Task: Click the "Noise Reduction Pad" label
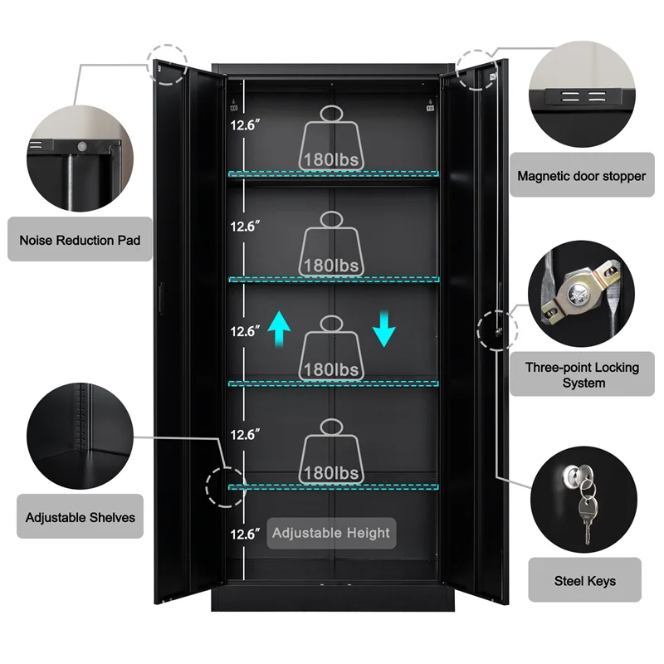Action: [80, 240]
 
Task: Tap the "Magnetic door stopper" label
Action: [581, 176]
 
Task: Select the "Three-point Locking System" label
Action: [583, 374]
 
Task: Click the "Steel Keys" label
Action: [584, 581]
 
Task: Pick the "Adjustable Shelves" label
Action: [80, 517]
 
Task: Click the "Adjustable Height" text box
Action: [331, 533]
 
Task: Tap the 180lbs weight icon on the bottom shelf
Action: [331, 452]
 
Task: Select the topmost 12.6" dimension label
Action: [246, 125]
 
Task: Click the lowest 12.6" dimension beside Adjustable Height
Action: [246, 535]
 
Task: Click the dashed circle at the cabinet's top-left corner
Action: [167, 63]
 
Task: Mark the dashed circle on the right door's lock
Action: [496, 330]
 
